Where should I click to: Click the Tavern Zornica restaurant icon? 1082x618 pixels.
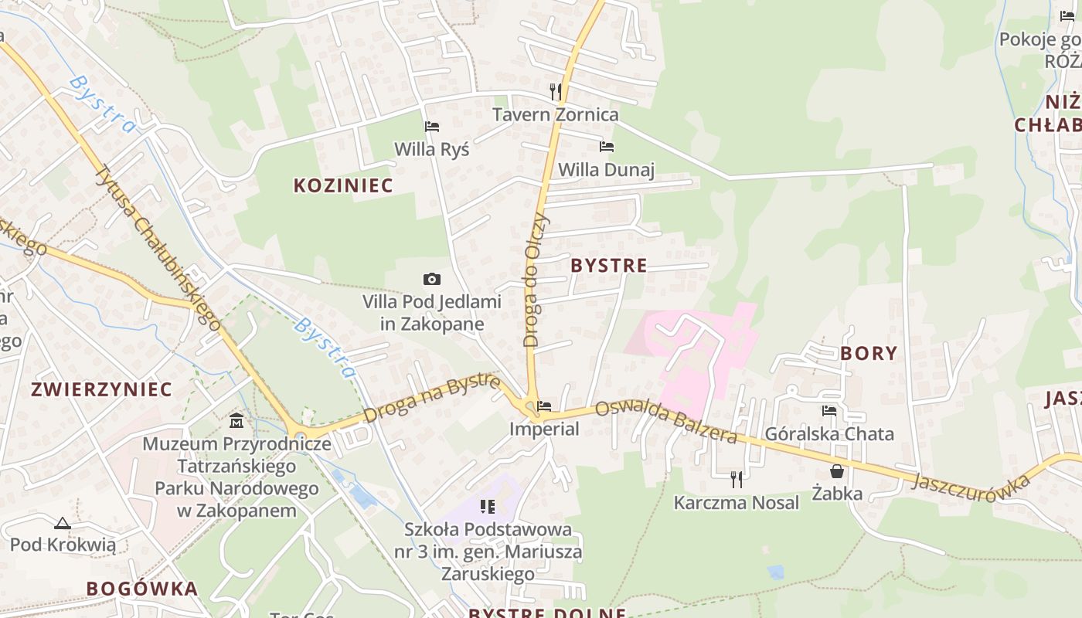click(x=555, y=92)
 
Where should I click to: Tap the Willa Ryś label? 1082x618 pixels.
click(x=431, y=149)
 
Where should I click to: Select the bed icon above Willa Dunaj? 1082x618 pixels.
click(x=607, y=146)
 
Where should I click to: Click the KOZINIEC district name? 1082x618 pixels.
click(x=343, y=185)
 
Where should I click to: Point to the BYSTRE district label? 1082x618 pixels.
click(x=609, y=266)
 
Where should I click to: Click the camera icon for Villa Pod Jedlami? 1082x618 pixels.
click(x=432, y=279)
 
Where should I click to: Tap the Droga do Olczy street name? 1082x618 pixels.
click(x=536, y=280)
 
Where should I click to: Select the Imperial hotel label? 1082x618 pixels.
click(x=544, y=429)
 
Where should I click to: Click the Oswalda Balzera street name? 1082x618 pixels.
click(x=667, y=422)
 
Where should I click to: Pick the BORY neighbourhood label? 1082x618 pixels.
click(x=869, y=354)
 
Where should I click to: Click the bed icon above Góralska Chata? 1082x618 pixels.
click(x=829, y=411)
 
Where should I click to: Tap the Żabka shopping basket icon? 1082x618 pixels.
click(x=837, y=470)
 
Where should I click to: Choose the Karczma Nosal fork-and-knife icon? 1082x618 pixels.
click(x=736, y=479)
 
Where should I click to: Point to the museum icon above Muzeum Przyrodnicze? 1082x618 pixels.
click(x=236, y=421)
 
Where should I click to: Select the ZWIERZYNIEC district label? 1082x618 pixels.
click(x=101, y=389)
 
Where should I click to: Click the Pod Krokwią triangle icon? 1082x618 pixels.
click(x=63, y=523)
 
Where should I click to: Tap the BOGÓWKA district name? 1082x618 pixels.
click(x=142, y=589)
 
